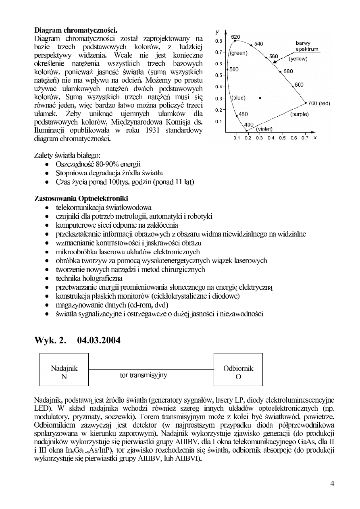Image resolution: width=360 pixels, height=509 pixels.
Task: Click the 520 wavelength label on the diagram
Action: [236, 37]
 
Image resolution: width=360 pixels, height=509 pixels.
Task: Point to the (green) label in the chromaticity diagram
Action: [238, 52]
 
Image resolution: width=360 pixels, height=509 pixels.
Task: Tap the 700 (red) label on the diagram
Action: [319, 104]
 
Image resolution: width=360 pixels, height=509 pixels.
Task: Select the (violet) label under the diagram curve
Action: [264, 129]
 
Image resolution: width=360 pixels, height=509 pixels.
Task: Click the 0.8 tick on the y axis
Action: [218, 41]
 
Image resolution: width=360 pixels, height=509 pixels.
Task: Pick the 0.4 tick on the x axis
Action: [271, 138]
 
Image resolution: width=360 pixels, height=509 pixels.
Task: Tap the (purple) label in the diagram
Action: [299, 114]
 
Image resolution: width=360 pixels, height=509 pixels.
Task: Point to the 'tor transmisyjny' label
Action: [144, 375]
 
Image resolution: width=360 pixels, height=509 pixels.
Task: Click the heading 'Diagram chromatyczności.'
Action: [76, 30]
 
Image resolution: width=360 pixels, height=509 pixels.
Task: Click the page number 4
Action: [332, 484]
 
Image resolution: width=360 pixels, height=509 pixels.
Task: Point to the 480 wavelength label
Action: [243, 114]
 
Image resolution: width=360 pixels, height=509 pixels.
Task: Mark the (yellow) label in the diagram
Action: [298, 59]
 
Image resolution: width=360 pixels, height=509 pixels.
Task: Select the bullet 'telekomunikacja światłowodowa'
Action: [104, 208]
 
